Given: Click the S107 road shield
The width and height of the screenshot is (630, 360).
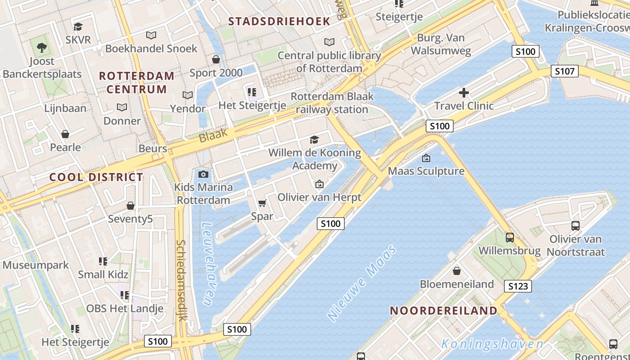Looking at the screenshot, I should coord(565,71).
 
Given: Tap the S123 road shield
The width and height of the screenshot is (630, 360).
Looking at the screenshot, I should coord(517,286).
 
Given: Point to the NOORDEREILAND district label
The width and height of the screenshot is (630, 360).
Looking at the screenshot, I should coord(443,310).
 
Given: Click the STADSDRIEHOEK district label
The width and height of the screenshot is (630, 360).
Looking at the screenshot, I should coord(279,21).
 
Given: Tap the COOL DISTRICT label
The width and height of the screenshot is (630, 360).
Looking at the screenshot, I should coord(96,177).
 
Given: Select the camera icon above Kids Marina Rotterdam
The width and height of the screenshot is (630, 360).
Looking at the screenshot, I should coord(203,174).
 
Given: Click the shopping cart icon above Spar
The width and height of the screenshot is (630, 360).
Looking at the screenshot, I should coord(262,203).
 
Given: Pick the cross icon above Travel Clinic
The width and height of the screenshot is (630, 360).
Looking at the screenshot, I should coord(464,93).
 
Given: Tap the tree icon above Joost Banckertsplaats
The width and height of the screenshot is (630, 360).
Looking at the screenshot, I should coord(41,47).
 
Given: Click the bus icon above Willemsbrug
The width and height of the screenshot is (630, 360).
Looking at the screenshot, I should coord(510,237).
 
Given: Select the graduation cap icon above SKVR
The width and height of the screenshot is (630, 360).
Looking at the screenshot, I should coord(78,27).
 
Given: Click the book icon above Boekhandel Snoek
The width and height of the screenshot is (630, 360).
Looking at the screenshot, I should coord(151,35).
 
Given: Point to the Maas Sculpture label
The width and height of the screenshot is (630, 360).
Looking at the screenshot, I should coord(426,171).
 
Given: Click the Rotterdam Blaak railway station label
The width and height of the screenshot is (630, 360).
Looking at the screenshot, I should coord(332,103).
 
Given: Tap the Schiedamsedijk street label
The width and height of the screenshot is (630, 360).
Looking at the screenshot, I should coord(181,280).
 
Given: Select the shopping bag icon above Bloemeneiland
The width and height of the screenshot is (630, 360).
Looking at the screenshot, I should coord(457,270).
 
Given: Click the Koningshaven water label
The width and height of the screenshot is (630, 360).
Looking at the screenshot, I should coord(492,345).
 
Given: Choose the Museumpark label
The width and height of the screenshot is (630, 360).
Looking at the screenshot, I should coord(36,265).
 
